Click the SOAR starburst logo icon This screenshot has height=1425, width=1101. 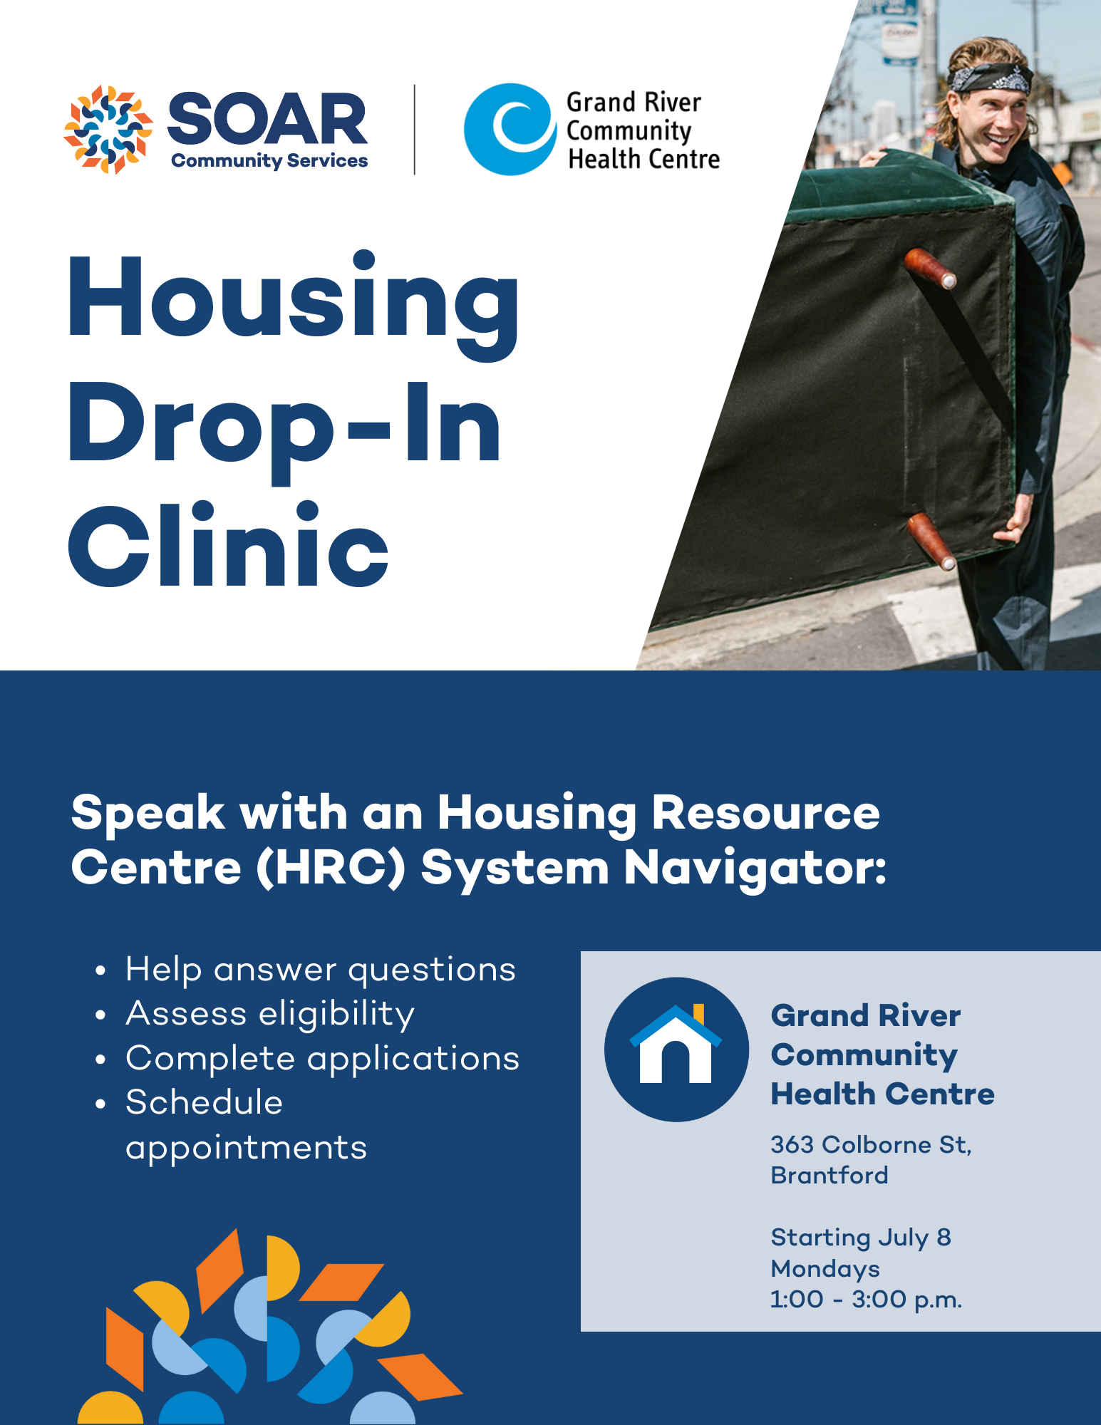[108, 130]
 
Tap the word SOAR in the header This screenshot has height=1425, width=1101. [267, 119]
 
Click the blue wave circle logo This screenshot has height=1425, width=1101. [510, 130]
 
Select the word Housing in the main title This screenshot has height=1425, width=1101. [294, 304]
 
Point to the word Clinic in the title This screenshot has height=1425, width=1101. [229, 544]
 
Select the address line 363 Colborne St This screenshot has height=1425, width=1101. [871, 1145]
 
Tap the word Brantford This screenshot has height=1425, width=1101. [829, 1176]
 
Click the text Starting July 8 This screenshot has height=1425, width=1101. [861, 1238]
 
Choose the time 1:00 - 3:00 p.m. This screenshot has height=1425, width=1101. [866, 1300]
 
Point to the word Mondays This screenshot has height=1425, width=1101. [825, 1269]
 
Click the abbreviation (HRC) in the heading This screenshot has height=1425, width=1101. [331, 868]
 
